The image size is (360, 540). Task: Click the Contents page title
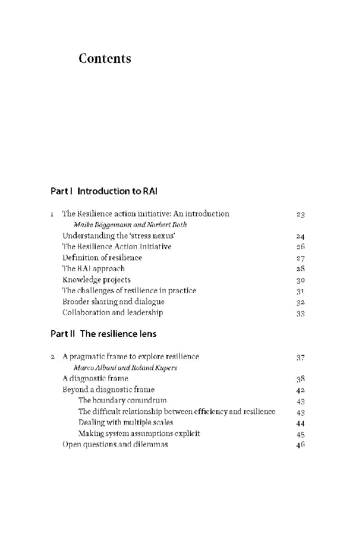105,59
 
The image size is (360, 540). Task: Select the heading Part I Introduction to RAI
104,191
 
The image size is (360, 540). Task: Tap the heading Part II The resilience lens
103,334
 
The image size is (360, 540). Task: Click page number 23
300,214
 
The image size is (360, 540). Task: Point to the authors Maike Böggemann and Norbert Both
130,225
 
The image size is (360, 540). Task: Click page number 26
300,247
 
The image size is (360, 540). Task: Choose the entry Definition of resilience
102,258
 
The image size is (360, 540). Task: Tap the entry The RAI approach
93,269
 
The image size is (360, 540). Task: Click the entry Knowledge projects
96,280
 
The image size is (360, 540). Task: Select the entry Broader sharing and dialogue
113,302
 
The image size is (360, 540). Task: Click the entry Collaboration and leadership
112,312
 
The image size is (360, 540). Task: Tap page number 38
300,379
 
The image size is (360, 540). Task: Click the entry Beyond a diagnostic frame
108,390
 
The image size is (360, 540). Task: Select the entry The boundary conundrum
122,400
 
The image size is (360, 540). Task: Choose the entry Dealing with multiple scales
126,422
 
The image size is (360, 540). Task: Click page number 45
300,434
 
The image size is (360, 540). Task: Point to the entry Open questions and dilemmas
115,445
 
